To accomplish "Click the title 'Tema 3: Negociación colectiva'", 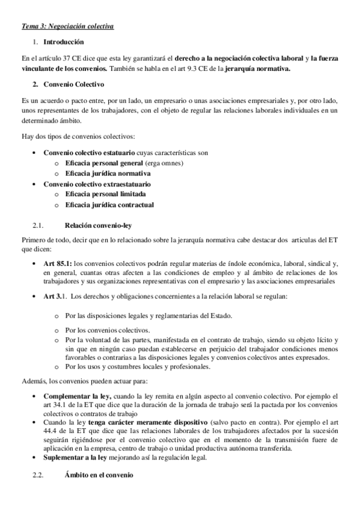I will pyautogui.click(x=67, y=26).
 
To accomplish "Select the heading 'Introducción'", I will pyautogui.click(x=64, y=42).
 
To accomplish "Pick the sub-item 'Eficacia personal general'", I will pyautogui.click(x=104, y=164).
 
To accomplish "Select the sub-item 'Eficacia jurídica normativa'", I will pyautogui.click(x=108, y=173).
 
